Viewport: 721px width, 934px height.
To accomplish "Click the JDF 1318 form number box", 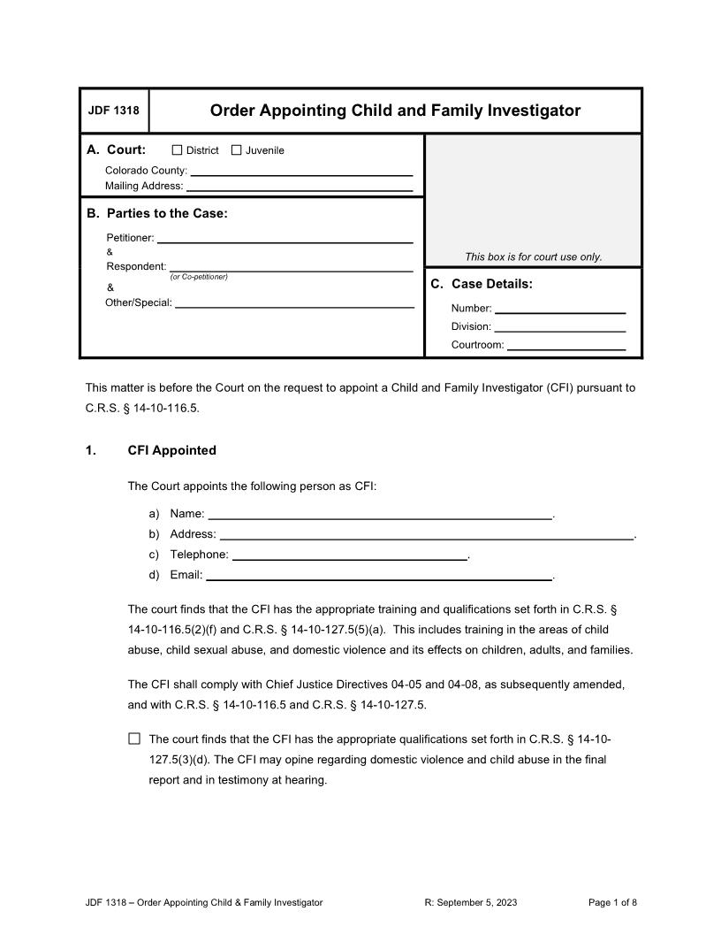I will point(114,111).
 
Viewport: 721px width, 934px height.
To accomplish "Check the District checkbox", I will point(177,150).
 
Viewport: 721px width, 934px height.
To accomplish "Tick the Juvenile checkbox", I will point(236,150).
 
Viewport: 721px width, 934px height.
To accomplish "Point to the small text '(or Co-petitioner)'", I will point(199,278).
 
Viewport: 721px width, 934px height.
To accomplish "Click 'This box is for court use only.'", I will point(534,257).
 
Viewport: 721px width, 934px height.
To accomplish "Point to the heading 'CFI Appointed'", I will point(171,450).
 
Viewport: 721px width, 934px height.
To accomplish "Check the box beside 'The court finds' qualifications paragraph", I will point(134,739).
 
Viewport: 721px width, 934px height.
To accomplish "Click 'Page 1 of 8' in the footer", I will point(612,903).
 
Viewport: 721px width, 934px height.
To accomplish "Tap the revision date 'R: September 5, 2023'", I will point(471,903).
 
